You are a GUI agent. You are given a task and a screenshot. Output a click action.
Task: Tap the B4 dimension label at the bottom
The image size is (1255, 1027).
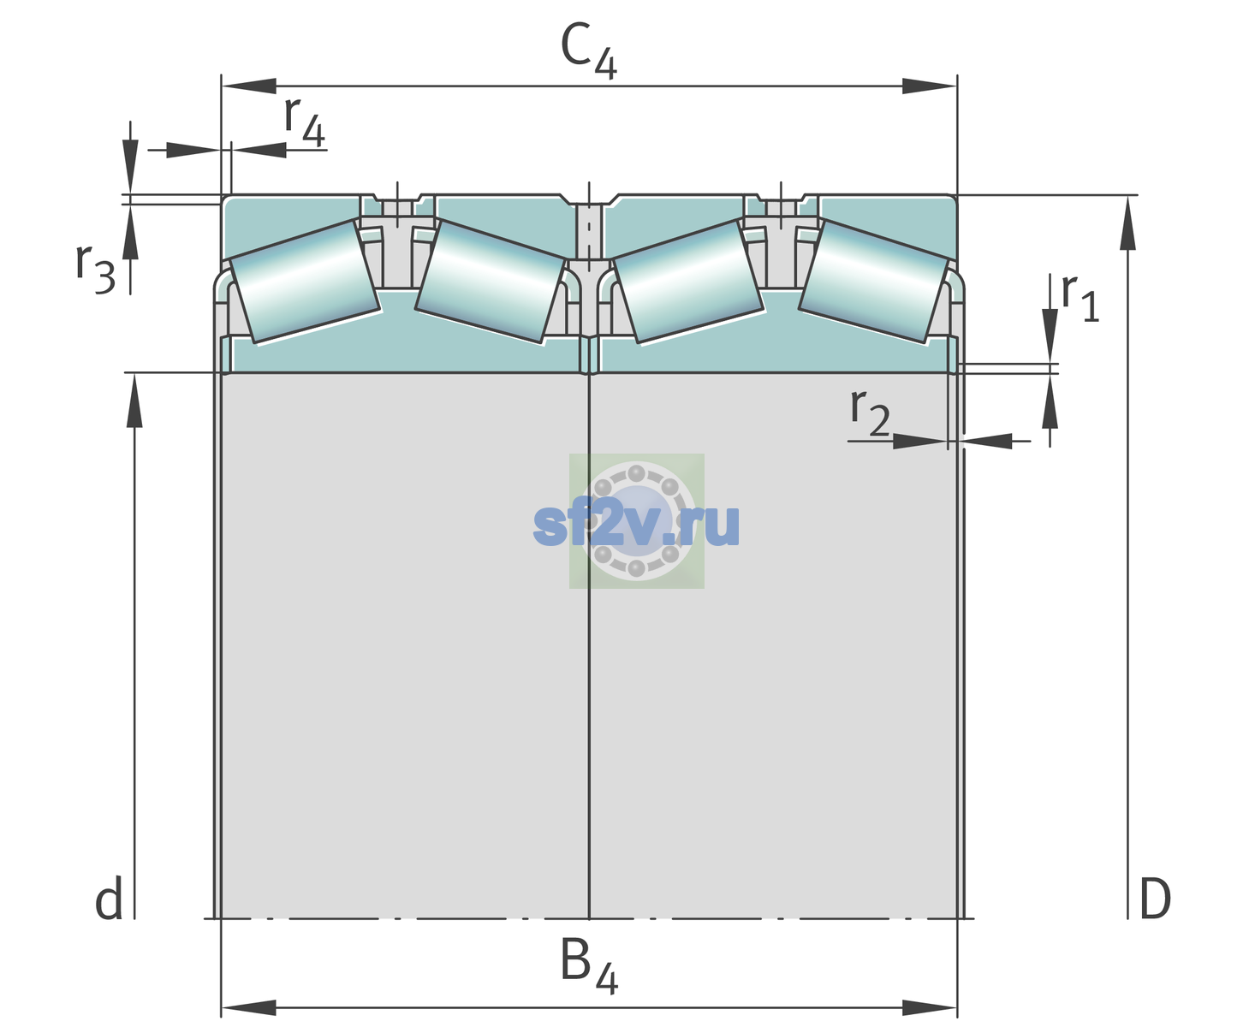589,967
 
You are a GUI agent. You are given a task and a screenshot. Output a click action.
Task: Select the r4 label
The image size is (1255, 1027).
304,122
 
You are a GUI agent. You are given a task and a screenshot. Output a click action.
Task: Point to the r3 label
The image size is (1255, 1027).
95,269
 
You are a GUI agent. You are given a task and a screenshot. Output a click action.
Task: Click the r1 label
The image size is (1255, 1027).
1080,298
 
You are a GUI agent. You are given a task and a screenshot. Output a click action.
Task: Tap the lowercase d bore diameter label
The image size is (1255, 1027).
109,899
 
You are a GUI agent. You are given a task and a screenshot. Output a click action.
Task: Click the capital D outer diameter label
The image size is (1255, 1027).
1155,899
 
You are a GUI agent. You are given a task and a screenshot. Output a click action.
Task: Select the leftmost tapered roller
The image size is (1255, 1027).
305,282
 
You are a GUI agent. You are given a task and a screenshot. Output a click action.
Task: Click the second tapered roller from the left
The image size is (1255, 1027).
491,282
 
